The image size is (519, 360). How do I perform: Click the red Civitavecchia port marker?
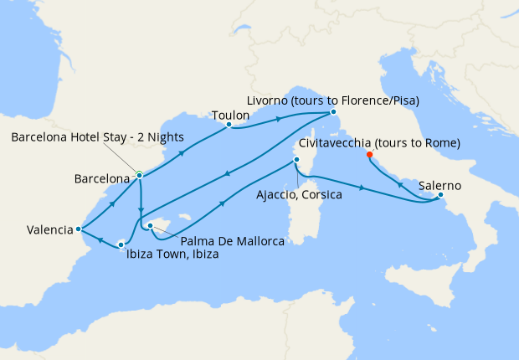(370, 154)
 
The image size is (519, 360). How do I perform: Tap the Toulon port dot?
(229, 126)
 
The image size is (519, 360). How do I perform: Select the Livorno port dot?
(332, 111)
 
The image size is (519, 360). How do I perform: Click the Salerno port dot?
(441, 197)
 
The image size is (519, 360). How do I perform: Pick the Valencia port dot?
(78, 228)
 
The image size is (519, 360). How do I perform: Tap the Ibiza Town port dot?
(121, 244)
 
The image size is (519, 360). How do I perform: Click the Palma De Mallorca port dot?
(149, 224)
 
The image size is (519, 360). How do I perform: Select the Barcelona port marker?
(140, 175)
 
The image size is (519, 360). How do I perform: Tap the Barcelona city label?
(101, 178)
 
